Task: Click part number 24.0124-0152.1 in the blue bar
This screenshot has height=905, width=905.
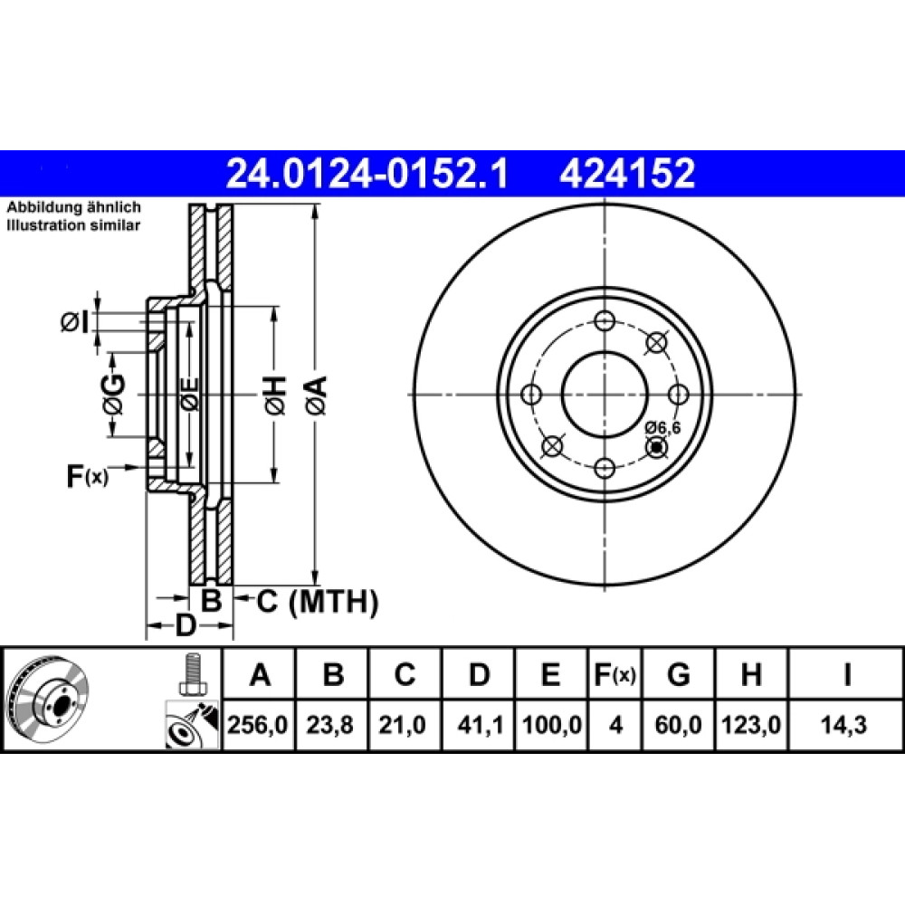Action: tap(367, 174)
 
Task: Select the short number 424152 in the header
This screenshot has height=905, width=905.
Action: tap(627, 174)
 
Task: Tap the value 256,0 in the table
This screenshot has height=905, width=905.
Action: tap(257, 724)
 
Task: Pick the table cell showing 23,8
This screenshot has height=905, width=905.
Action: tap(329, 724)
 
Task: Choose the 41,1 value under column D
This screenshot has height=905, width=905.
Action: tap(479, 724)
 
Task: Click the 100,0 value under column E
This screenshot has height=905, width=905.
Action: tap(552, 724)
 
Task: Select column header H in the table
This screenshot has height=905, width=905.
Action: tap(751, 674)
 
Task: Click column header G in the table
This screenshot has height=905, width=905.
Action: tap(678, 674)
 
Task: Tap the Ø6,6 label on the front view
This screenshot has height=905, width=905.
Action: tap(663, 428)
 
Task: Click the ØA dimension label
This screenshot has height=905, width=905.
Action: tap(317, 395)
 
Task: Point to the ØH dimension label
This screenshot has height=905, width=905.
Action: tap(276, 395)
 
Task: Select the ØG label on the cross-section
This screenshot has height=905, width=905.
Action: tap(113, 395)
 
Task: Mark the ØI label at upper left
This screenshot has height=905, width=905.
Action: tap(75, 323)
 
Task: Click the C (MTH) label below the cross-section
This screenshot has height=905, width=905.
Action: tap(317, 602)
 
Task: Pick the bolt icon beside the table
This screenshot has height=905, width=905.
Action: tap(192, 676)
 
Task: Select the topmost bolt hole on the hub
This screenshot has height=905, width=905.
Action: tap(605, 321)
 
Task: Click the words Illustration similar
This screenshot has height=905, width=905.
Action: tap(73, 225)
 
